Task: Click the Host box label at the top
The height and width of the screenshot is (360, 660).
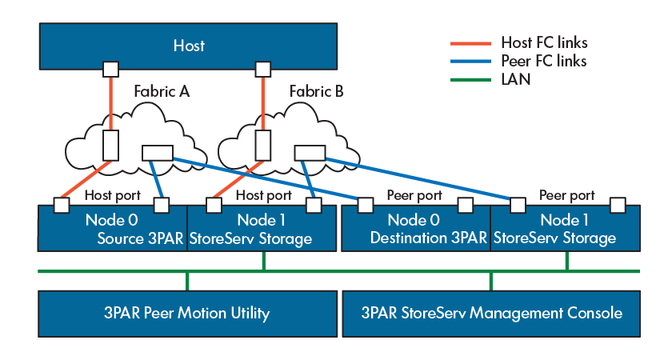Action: click(189, 46)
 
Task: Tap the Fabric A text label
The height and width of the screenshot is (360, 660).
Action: click(162, 91)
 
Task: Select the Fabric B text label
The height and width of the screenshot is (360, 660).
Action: click(317, 91)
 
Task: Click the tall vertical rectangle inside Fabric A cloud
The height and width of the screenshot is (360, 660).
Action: click(111, 145)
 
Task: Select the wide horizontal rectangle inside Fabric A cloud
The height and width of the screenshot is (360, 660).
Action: click(157, 152)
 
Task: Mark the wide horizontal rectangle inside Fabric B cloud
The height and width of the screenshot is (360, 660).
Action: click(309, 152)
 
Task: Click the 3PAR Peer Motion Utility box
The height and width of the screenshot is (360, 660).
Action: click(189, 313)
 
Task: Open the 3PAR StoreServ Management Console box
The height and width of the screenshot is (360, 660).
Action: click(491, 313)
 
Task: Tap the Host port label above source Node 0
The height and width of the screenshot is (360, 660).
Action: click(111, 195)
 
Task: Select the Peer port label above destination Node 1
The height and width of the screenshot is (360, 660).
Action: click(566, 195)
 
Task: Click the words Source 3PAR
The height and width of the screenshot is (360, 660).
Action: click(141, 238)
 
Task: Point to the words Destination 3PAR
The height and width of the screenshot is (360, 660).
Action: click(428, 238)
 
